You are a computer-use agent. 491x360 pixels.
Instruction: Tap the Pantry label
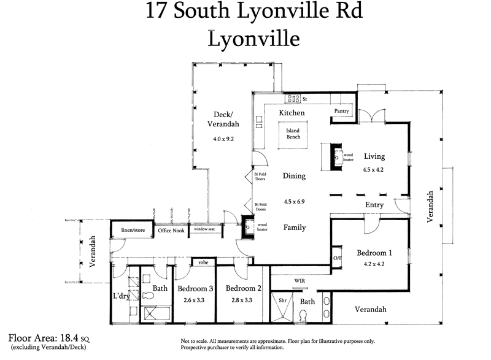coord(341,111)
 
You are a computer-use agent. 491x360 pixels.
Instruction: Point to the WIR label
coord(300,280)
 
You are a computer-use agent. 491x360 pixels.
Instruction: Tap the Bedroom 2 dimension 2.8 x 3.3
coord(244,300)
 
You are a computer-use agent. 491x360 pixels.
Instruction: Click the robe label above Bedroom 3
coord(203,262)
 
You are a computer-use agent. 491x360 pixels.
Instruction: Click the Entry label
coord(374,205)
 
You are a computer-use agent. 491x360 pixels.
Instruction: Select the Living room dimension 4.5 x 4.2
coord(373,170)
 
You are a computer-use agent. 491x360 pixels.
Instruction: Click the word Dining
coord(294,176)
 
